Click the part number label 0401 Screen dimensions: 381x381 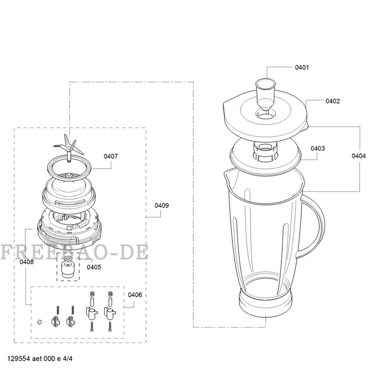[x=302, y=67]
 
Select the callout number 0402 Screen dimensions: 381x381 [x=333, y=101]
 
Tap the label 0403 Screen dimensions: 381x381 [x=318, y=148]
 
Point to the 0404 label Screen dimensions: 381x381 [x=359, y=156]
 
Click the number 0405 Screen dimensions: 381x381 [x=94, y=267]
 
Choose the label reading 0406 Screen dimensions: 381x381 [x=135, y=295]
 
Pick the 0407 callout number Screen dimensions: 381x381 [x=111, y=156]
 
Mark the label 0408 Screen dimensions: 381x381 [x=27, y=262]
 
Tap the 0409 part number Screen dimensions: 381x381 [x=162, y=206]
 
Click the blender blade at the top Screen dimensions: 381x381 [x=69, y=147]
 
